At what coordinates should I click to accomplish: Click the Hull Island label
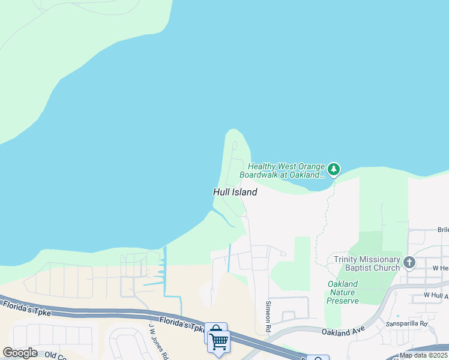point(235,192)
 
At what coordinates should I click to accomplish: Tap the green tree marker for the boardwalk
point(334,170)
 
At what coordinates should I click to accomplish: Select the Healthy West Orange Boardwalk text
point(286,170)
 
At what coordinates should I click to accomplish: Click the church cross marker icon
point(409,262)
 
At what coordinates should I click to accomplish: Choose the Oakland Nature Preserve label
point(343,292)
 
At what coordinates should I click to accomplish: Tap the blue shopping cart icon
point(218,341)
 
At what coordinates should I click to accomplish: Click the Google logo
point(20,353)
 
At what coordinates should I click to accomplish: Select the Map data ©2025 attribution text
point(423,355)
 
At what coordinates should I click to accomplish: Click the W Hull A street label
point(436,295)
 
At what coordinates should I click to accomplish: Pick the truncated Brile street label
point(442,230)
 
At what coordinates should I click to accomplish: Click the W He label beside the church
point(440,268)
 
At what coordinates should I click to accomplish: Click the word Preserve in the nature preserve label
point(343,301)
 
